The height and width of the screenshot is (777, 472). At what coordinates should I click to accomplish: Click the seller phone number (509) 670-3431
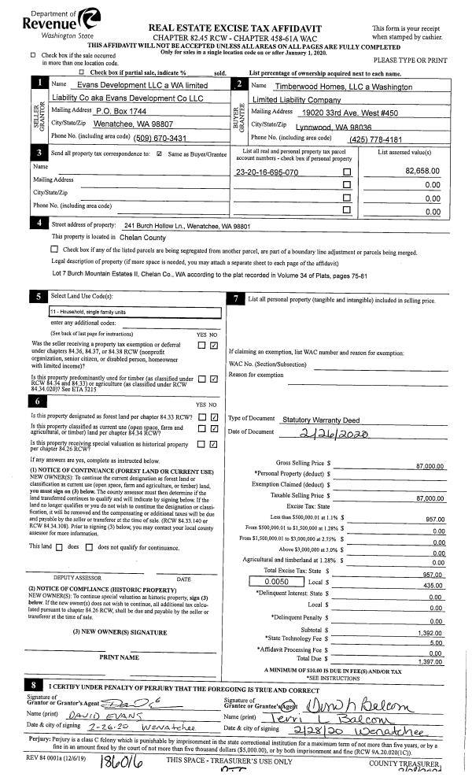click(x=165, y=138)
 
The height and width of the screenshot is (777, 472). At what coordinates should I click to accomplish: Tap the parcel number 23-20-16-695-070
click(x=267, y=172)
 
